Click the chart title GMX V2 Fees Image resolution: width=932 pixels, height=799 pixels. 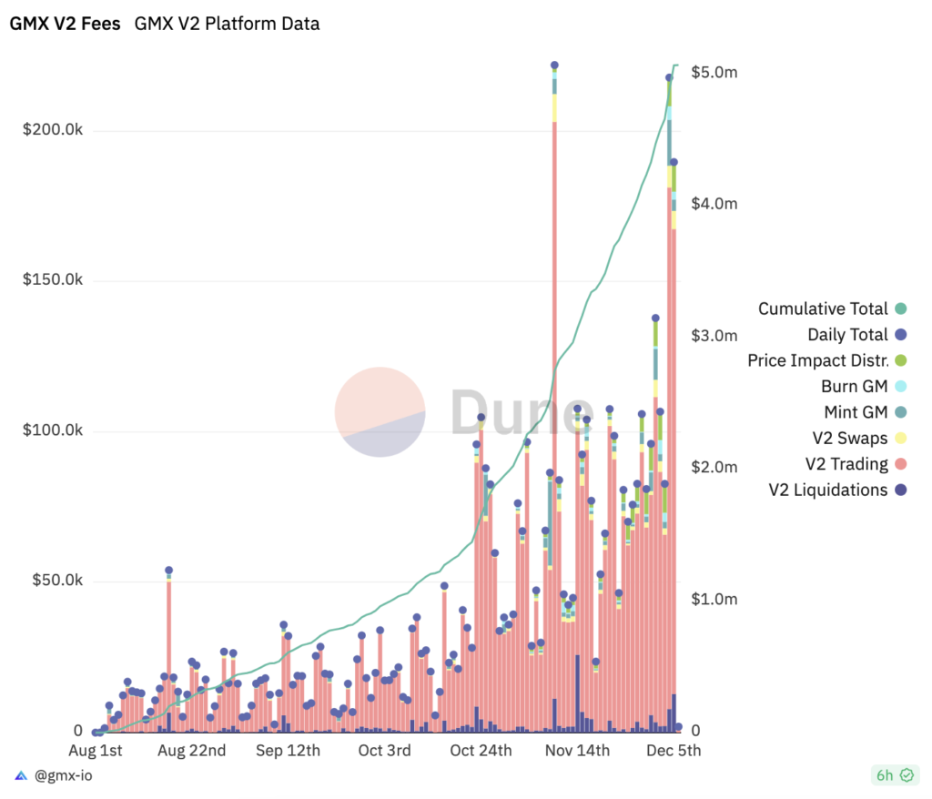(x=65, y=25)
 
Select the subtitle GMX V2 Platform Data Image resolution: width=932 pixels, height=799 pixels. (x=227, y=25)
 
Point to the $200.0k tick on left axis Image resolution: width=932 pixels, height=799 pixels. (x=53, y=131)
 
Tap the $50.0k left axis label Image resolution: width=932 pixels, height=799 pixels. (x=56, y=581)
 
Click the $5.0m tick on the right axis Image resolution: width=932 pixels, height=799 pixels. (x=714, y=72)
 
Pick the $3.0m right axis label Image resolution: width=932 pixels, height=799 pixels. (x=714, y=336)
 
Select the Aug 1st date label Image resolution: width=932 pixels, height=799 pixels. (x=96, y=751)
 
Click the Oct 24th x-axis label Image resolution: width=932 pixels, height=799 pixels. (x=481, y=751)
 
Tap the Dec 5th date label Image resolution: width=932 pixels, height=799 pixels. (x=674, y=751)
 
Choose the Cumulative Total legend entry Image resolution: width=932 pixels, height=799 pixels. (x=823, y=309)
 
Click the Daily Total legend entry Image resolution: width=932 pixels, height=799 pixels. (x=847, y=335)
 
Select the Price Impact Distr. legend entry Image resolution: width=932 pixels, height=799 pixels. (x=817, y=360)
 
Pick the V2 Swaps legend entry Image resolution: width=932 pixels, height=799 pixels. (x=846, y=439)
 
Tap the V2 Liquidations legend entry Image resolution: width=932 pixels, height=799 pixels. (x=827, y=491)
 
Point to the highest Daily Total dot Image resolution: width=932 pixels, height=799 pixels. (x=554, y=66)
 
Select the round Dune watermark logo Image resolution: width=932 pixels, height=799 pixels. (x=380, y=411)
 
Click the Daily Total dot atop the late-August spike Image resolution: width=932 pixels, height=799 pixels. (x=168, y=571)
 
